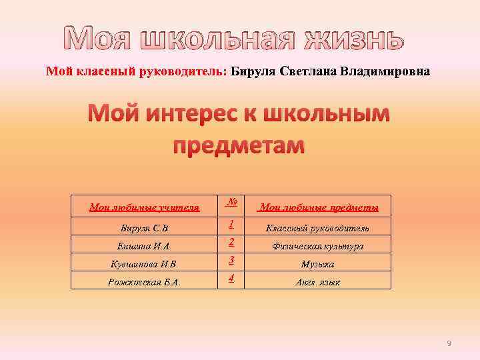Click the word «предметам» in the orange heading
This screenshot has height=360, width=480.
click(x=239, y=144)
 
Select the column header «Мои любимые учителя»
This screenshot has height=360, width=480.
click(x=145, y=208)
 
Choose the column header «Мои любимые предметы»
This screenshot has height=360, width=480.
click(x=319, y=208)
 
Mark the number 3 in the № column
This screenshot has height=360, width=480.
click(x=230, y=259)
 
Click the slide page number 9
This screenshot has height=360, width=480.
click(x=449, y=343)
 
